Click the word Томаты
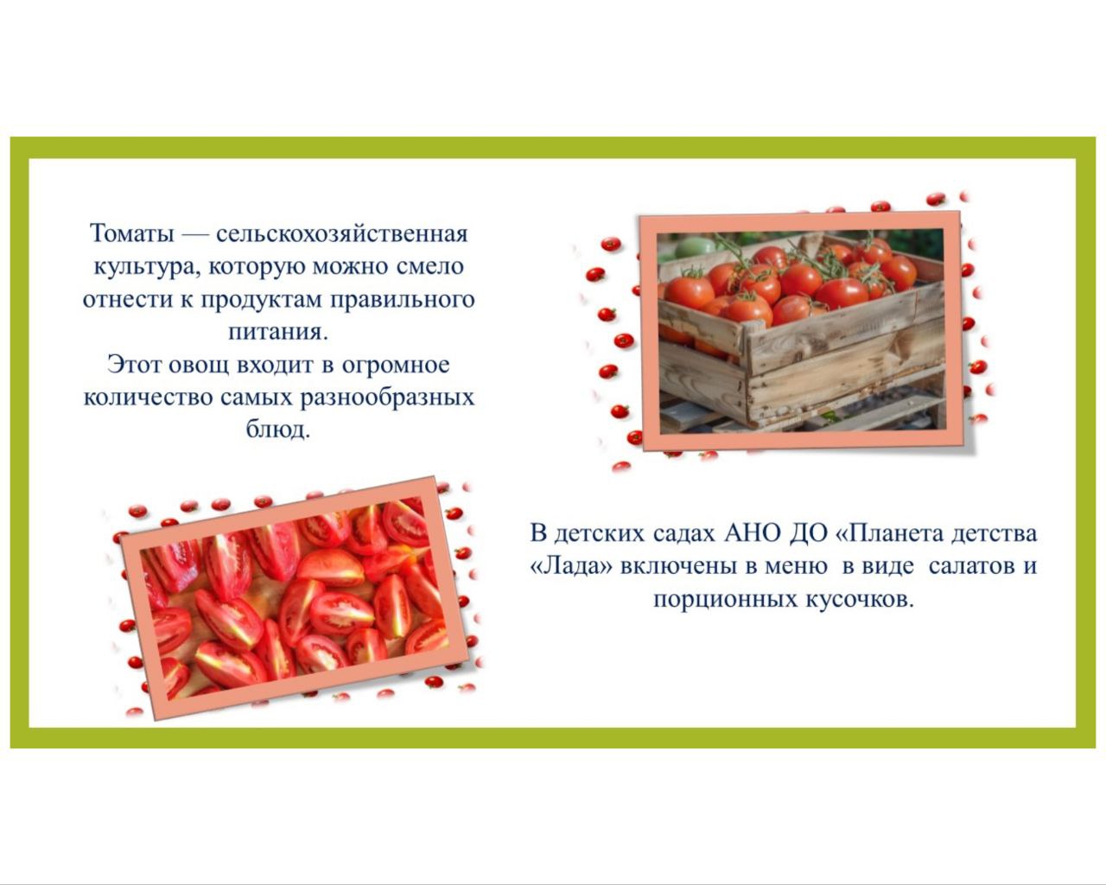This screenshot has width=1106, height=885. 132,233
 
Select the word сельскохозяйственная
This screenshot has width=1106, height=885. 342,234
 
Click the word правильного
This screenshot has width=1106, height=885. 402,300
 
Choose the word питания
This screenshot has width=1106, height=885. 278,332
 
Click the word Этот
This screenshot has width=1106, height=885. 134,365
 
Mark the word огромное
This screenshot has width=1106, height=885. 396,366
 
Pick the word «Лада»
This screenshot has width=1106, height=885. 571,566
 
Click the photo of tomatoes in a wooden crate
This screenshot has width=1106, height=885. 802,332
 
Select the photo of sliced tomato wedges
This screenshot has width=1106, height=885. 295,598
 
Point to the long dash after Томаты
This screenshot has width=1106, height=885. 194,234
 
